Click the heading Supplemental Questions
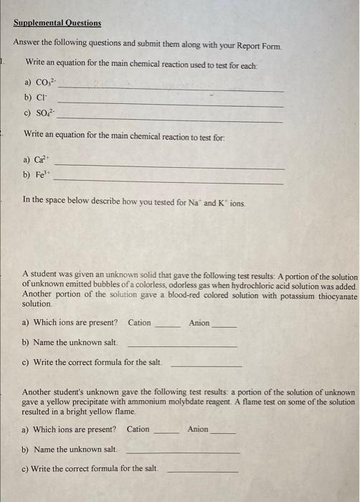tap(57, 23)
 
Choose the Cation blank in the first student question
tap(168, 327)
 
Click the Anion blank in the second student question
tap(223, 434)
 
